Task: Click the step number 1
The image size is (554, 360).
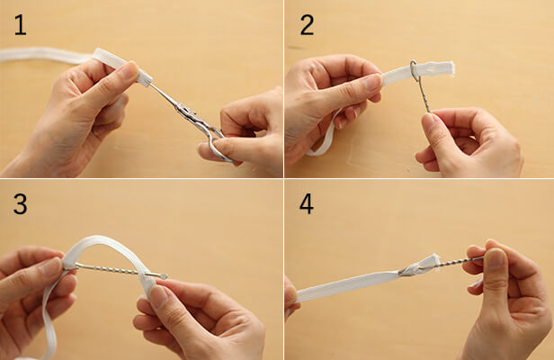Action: click(x=20, y=25)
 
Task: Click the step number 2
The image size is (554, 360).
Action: click(x=307, y=25)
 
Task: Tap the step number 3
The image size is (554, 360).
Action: click(x=20, y=204)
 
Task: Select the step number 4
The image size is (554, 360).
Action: click(x=307, y=204)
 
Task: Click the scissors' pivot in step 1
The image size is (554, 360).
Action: click(x=186, y=111)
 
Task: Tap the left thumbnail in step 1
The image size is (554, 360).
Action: click(x=129, y=71)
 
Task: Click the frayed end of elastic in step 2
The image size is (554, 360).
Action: click(x=451, y=69)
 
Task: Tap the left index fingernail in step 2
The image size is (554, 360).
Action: click(x=372, y=83)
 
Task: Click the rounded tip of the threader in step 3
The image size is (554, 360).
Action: click(x=163, y=275)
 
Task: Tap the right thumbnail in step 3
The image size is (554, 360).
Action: click(x=158, y=296)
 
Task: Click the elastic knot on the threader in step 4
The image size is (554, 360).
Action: click(x=419, y=265)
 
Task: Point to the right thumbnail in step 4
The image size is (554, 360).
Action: click(x=495, y=259)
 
